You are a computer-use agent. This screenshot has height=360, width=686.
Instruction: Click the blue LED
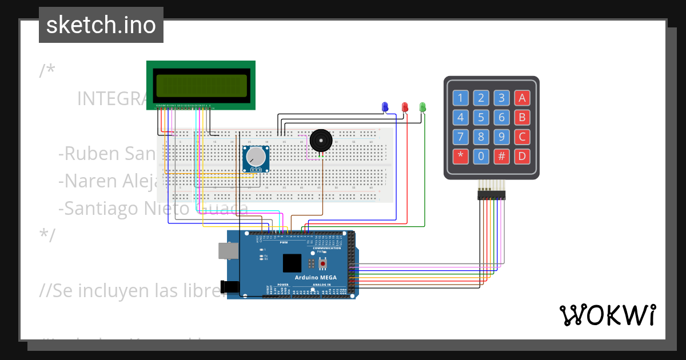pos(385,106)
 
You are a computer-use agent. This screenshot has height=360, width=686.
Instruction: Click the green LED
pos(423,106)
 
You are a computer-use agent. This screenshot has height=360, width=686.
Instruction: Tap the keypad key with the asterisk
pos(461,155)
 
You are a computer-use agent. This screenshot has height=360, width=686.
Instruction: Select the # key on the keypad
pos(501,155)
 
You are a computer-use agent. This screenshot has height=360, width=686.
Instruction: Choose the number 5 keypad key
pos(481,118)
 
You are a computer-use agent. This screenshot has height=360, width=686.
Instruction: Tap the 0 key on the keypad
pos(481,155)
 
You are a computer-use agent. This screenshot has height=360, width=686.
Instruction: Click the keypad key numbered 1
pos(461,98)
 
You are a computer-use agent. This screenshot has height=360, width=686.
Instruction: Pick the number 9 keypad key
pos(501,137)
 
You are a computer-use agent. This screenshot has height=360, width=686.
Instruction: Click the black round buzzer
pos(320,141)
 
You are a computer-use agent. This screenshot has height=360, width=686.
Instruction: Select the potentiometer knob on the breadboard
pos(256,157)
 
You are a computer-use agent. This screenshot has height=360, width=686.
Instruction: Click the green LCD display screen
pos(201,85)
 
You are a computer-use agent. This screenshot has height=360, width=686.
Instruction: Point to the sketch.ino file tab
pos(101,25)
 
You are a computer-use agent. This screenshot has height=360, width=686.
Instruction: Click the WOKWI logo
pos(607,315)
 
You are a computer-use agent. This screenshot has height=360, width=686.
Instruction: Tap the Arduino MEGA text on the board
pos(316,277)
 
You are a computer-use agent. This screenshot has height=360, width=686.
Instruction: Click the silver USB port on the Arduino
pos(227,251)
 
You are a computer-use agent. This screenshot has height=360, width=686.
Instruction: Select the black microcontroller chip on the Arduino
pos(292,263)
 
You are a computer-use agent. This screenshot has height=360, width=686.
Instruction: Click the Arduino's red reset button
pos(323,263)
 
